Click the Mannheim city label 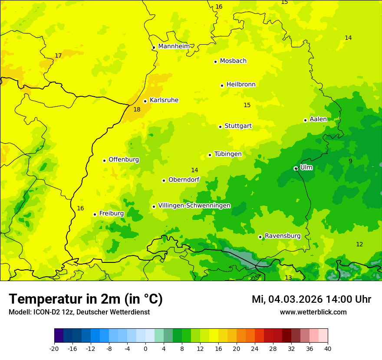point(174,46)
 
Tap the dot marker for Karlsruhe point(145,101)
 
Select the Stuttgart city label point(238,126)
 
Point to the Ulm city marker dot point(296,168)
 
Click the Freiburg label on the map point(111,213)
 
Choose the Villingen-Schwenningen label point(194,206)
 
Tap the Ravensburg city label point(283,236)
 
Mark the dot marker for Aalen point(305,120)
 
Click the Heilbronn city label point(241,85)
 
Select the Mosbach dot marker point(215,62)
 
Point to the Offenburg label point(124,160)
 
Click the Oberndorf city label point(184,180)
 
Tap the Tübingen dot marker point(210,155)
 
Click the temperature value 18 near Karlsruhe point(137,110)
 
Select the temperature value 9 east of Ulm point(350,161)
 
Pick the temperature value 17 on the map point(58,56)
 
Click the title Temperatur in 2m point(86,299)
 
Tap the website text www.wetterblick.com point(313,312)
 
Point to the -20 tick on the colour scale point(54,349)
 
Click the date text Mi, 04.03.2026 point(286,300)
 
